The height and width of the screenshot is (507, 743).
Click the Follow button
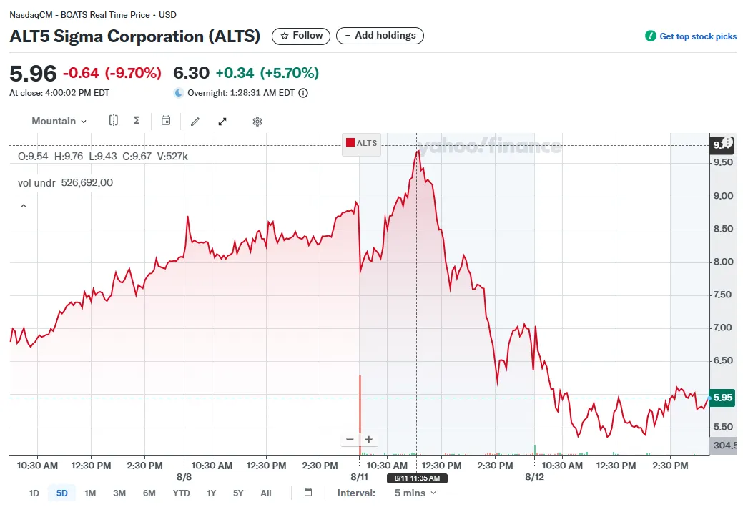pos(302,36)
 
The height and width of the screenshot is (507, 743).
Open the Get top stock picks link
pos(691,36)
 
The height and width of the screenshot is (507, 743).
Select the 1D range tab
pos(34,493)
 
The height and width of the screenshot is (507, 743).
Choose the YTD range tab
pos(182,493)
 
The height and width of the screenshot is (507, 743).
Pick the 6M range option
pos(149,493)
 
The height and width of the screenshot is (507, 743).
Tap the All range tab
pos(265,493)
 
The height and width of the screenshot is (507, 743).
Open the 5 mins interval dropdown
pos(415,493)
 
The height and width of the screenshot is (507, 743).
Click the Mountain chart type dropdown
pos(59,122)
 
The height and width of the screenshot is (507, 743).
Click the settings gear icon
pos(257,122)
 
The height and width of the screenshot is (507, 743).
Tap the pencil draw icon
pos(195,122)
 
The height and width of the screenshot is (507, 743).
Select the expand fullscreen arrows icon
pos(222,122)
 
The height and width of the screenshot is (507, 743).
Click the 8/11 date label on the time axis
pos(359,476)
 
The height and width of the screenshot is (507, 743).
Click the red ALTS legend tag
pos(361,143)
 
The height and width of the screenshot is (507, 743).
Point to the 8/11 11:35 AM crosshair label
pos(417,478)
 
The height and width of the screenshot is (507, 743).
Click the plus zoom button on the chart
pos(369,440)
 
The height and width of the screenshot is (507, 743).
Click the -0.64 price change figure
pos(81,73)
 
